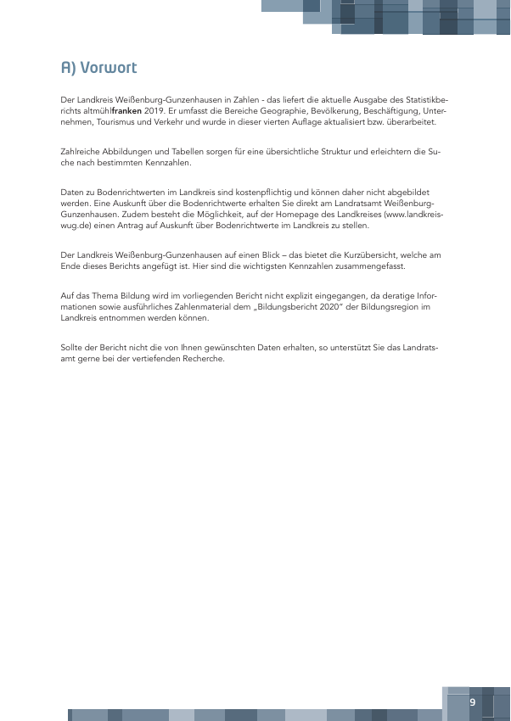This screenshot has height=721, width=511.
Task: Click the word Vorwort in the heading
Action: point(109,67)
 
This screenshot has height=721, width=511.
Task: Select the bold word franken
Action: point(126,111)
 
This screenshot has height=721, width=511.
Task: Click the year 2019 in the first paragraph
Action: point(153,111)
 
